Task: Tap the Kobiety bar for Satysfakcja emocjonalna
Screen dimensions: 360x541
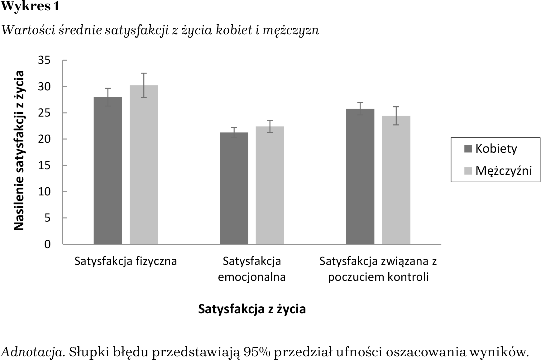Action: click(x=234, y=188)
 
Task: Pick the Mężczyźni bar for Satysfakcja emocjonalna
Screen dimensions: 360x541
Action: click(x=270, y=185)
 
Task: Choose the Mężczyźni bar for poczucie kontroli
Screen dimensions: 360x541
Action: click(x=396, y=180)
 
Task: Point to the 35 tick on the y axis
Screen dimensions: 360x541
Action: click(x=44, y=60)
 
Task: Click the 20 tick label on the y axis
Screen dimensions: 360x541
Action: click(x=44, y=139)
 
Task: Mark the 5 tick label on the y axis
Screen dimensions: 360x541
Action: click(x=47, y=218)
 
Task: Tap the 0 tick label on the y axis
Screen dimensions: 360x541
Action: click(x=47, y=244)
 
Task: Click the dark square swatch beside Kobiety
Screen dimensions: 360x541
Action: click(x=468, y=149)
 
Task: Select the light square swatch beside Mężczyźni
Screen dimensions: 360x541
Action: click(x=468, y=171)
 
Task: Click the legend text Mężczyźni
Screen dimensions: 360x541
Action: click(x=504, y=171)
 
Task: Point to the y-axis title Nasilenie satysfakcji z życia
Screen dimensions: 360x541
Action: click(x=19, y=150)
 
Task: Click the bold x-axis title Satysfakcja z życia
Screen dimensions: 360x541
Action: click(x=252, y=309)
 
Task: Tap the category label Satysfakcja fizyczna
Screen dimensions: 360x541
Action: click(x=126, y=261)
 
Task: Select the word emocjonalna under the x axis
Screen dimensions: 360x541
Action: click(x=252, y=277)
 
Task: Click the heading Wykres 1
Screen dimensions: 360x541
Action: click(x=30, y=7)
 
